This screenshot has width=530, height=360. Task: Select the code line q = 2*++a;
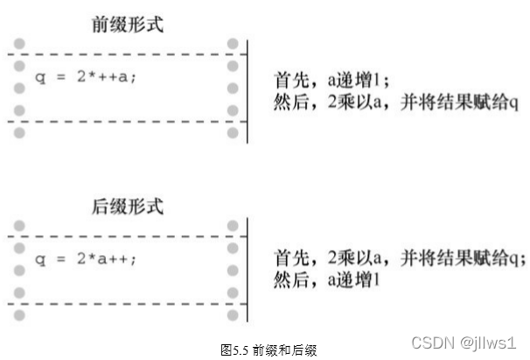86,77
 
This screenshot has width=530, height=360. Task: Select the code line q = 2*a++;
86,260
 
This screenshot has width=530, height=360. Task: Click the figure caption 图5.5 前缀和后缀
268,349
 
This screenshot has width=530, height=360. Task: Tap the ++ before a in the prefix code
115,77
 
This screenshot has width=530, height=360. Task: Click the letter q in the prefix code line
38,78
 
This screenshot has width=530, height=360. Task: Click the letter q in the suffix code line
38,260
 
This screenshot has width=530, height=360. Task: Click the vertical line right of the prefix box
248,87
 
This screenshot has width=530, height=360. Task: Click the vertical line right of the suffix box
248,271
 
